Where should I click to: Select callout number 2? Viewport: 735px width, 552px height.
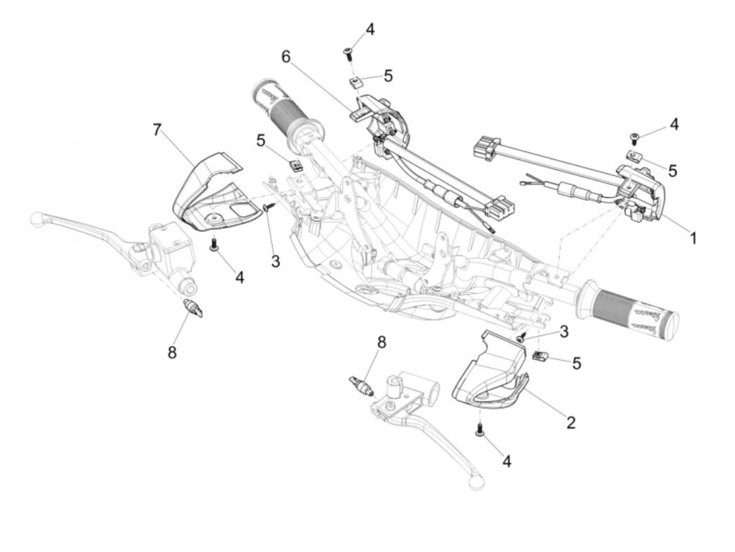click(571, 421)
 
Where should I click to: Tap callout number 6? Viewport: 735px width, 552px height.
click(286, 57)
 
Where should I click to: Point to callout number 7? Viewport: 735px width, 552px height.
click(157, 130)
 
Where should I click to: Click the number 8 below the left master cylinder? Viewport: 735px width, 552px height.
click(172, 352)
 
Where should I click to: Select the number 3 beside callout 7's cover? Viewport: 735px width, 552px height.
click(276, 260)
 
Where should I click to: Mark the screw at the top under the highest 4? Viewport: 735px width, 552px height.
click(348, 51)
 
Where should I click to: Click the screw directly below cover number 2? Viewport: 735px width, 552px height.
click(479, 431)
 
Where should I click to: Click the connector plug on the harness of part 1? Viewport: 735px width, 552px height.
click(484, 147)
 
